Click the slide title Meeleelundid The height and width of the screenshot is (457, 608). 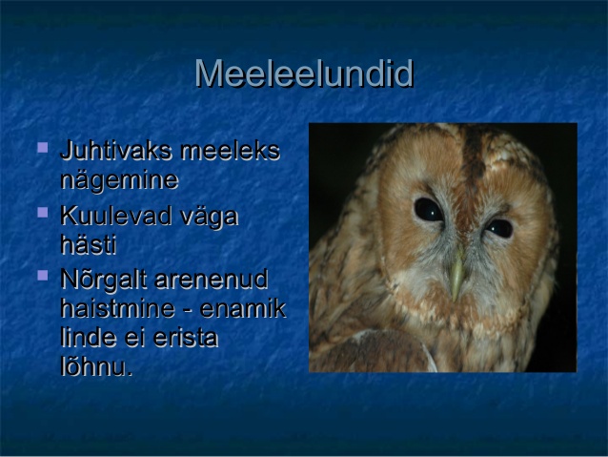(304, 73)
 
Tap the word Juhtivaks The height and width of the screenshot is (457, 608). (115, 150)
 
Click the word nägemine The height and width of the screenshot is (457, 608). (120, 180)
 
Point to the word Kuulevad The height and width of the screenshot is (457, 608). (116, 216)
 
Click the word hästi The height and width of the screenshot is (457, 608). (89, 244)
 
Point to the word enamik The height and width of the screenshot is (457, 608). (243, 309)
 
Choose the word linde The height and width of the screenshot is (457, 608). (89, 338)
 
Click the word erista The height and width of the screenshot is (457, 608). (186, 338)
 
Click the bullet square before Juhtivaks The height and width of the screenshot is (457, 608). (43, 148)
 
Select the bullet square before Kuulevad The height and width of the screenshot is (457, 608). (43, 213)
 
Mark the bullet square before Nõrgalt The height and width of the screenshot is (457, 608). (43, 276)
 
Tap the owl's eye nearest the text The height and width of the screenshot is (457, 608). (428, 210)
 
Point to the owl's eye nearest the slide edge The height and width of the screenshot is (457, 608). (499, 228)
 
